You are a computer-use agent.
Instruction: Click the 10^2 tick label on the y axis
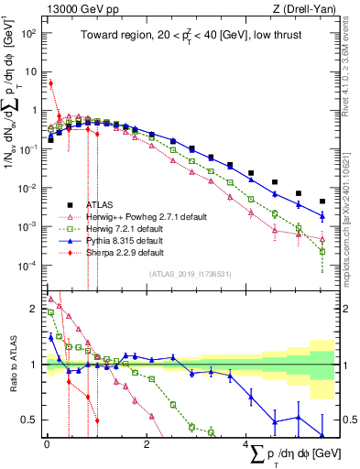[x=27, y=32]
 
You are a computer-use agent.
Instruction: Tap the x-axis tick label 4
[x=246, y=446]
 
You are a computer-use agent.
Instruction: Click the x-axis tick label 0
[x=47, y=446]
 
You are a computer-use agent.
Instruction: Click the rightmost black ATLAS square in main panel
[x=322, y=202]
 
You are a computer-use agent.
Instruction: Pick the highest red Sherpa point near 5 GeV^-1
[x=50, y=83]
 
